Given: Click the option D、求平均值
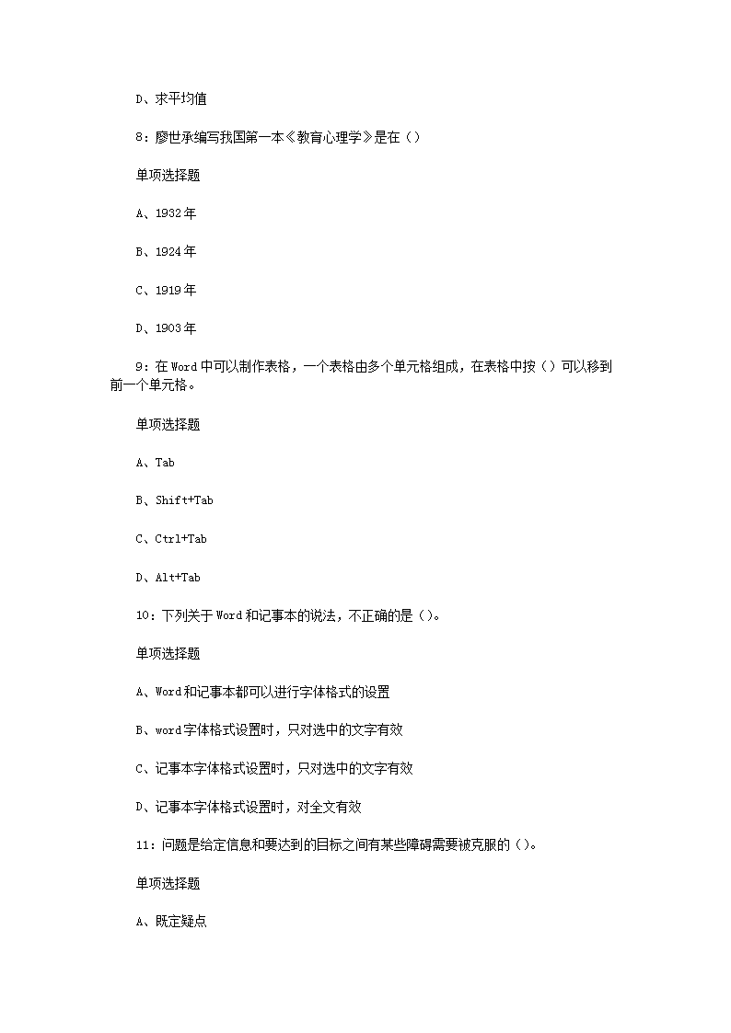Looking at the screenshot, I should pos(170,98).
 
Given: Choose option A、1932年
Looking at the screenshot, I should pos(166,213).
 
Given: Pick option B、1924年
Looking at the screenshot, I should pos(166,251).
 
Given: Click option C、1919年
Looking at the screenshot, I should pos(166,290).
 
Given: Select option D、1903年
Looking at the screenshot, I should pos(166,328).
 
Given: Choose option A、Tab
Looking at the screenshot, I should pos(155,463).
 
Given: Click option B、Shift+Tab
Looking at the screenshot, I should pos(174,500).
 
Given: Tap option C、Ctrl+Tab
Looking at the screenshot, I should pos(170,539).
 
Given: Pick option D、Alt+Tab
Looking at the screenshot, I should pos(168,578).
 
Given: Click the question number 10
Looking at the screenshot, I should pos(143,615).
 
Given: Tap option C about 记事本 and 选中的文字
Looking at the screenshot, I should pos(273,769).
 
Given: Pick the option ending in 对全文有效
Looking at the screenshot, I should pos(249,807).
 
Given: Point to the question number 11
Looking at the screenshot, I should pos(143,845).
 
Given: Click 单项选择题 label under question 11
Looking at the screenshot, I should pos(168,884).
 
